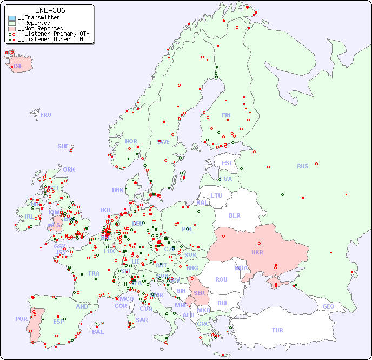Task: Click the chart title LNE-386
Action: tap(50, 10)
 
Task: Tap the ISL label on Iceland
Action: tap(18, 67)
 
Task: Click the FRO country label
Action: tap(46, 115)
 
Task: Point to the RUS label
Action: tap(302, 166)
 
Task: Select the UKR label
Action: tap(257, 252)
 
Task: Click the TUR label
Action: tap(277, 330)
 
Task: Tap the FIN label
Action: tap(226, 115)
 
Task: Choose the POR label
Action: tap(21, 319)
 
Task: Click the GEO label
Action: tap(328, 306)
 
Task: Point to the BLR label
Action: tap(235, 215)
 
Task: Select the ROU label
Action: tap(221, 279)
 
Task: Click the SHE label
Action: tap(63, 146)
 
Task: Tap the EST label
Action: tap(227, 163)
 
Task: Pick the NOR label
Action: tap(131, 141)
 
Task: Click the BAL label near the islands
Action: tap(98, 332)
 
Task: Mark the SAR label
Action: tap(142, 320)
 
